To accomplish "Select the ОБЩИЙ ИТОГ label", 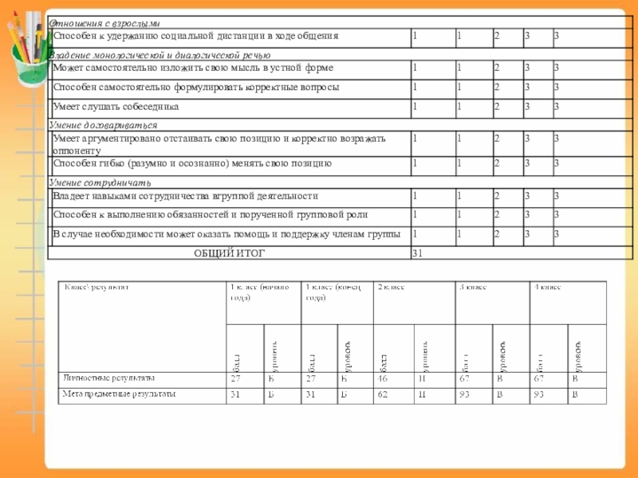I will pos(230,253).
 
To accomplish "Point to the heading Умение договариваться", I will pos(103,125).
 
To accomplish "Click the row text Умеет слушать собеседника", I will pos(116,106).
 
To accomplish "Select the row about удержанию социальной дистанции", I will pos(195,36).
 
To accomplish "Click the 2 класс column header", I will pos(391,286).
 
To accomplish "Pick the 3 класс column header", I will pos(471,286).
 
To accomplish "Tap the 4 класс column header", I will pos(546,286).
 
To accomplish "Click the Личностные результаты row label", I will pos(109,378).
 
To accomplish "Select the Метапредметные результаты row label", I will pos(120,394).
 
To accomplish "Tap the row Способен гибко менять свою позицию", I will pos(191,163).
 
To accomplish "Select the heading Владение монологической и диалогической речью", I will pos(159,55).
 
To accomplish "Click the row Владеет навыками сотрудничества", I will pos(185,195).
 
